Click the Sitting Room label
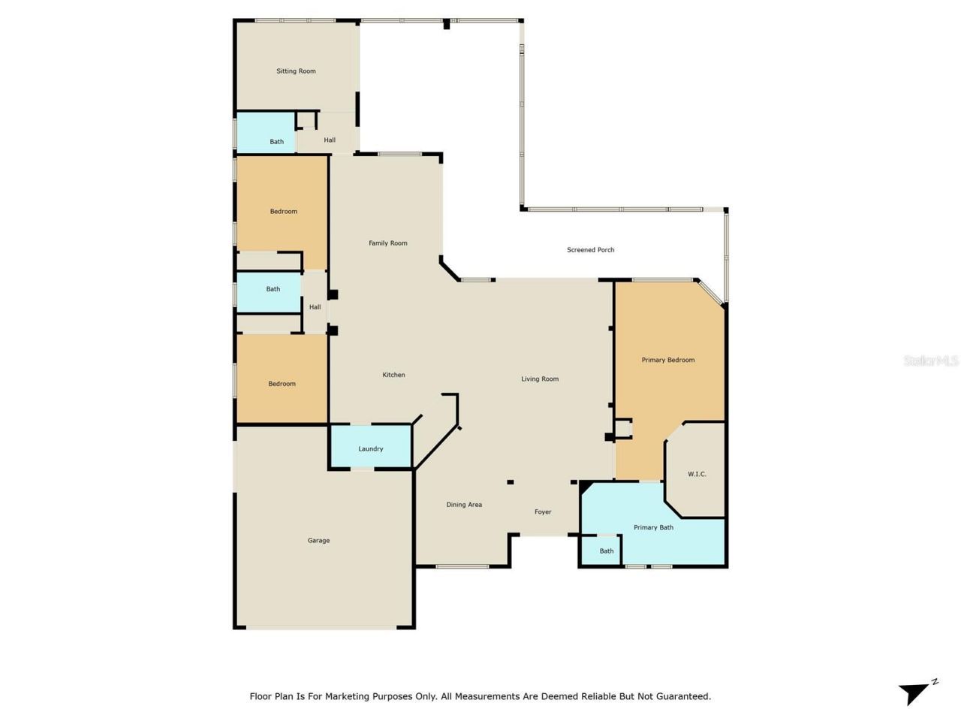pos(296,71)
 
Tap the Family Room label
pos(387,243)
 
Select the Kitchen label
pos(393,375)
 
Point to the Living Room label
pos(540,379)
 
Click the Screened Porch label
pos(590,250)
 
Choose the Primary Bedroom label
pos(667,360)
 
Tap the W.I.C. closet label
pos(697,474)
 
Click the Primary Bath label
pos(653,527)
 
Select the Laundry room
pos(371,448)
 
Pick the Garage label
pos(318,541)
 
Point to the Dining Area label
pos(464,505)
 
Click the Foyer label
pos(543,512)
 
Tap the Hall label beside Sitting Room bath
pos(330,140)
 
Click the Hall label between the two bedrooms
pos(315,307)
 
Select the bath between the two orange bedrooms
pos(273,289)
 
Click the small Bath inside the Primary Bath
pos(606,551)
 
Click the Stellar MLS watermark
pos(931,361)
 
